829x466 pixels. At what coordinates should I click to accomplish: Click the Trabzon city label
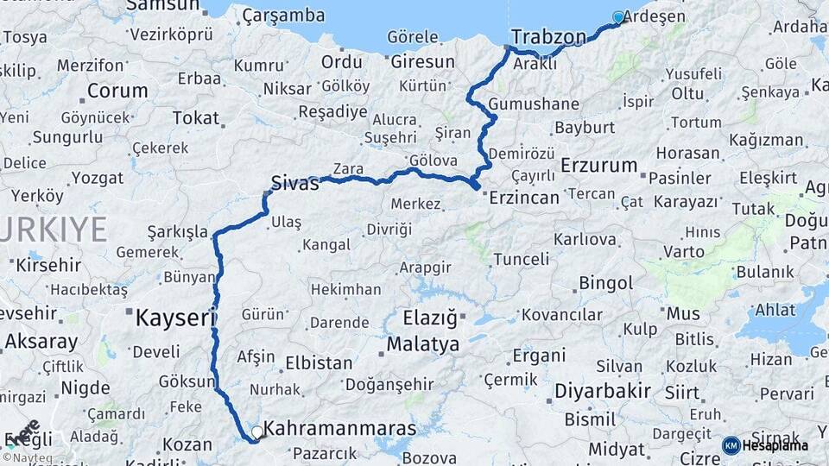point(548,36)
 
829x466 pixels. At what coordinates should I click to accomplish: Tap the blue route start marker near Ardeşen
point(617,17)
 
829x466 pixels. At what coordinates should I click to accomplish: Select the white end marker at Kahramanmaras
point(256,431)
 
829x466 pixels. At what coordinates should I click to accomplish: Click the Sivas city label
point(294,182)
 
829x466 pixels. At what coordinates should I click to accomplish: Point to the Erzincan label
point(524,197)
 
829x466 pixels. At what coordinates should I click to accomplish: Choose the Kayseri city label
point(175,318)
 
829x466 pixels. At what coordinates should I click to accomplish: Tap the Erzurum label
point(598,165)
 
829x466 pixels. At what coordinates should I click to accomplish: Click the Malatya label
point(422,344)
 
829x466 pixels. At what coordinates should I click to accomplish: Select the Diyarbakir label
point(602,391)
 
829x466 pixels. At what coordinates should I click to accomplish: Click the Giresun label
point(422,62)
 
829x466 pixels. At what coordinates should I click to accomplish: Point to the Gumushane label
point(534,104)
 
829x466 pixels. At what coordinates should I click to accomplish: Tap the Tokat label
point(196,117)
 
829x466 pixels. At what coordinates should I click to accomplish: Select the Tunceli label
point(521,259)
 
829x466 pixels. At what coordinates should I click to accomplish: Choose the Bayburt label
point(584,128)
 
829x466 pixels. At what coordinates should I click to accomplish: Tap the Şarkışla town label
point(178,231)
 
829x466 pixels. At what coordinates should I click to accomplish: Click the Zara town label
point(348,168)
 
